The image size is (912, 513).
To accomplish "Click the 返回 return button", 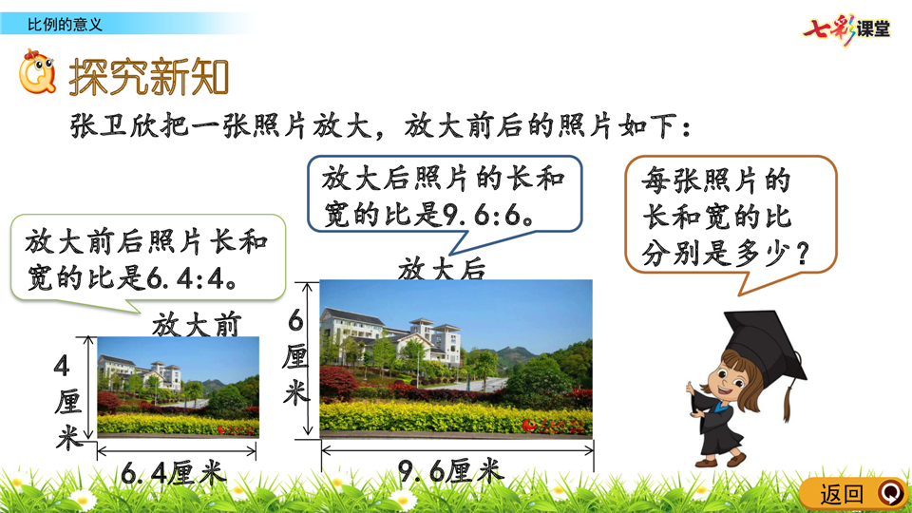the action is tap(853, 494).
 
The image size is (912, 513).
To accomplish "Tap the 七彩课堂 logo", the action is tap(846, 28).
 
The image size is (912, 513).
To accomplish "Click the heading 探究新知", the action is tap(149, 76).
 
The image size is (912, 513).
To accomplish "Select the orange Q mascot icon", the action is tap(37, 72).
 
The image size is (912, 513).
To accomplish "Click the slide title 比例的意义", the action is tap(66, 25).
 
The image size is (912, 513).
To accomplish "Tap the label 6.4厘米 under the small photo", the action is tap(173, 474).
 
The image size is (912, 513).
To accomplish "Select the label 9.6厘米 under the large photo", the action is tap(449, 470).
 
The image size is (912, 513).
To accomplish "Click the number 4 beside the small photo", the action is tap(62, 367).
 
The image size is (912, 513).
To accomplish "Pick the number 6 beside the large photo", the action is tap(295, 320).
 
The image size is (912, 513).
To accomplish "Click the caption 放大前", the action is tap(197, 325).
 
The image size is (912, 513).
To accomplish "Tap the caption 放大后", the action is tap(442, 269).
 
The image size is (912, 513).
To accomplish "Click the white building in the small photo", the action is tap(140, 372).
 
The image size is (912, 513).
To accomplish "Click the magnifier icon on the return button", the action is tap(891, 493).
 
